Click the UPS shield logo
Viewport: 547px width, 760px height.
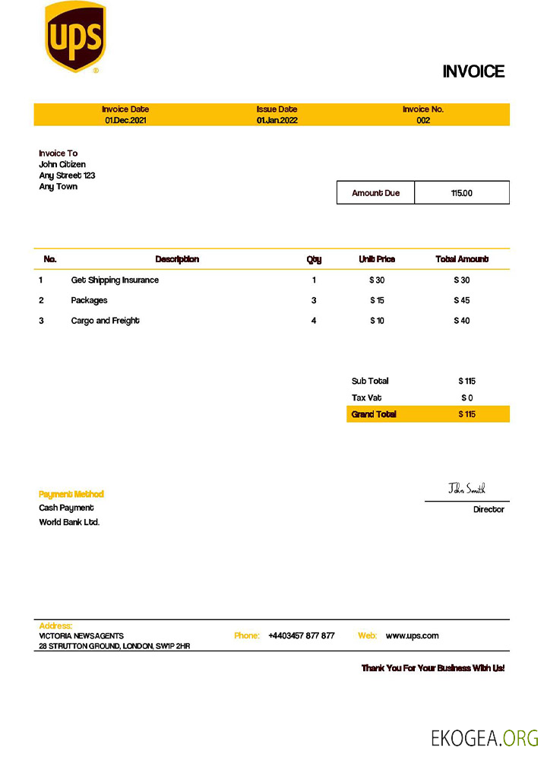pyautogui.click(x=75, y=36)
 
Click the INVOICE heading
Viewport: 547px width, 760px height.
pyautogui.click(x=473, y=71)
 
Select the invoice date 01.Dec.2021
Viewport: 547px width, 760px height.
pyautogui.click(x=125, y=120)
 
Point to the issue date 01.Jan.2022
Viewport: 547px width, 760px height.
pyautogui.click(x=277, y=120)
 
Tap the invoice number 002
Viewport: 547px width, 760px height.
pyautogui.click(x=423, y=120)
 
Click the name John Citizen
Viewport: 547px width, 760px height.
pyautogui.click(x=62, y=164)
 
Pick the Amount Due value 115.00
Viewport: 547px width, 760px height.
pyautogui.click(x=461, y=193)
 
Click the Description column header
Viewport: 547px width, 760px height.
pyautogui.click(x=177, y=259)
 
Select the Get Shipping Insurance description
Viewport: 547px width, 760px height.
pyautogui.click(x=115, y=280)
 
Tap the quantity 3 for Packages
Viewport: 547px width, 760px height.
pyautogui.click(x=314, y=300)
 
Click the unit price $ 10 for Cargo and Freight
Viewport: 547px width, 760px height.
pyautogui.click(x=377, y=321)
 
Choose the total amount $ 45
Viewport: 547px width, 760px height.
pyautogui.click(x=461, y=300)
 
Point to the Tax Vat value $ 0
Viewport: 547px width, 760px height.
pyautogui.click(x=466, y=397)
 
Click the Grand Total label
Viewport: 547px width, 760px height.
pyautogui.click(x=374, y=414)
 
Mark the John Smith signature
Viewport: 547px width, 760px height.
pyautogui.click(x=466, y=489)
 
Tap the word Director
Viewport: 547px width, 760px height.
pyautogui.click(x=489, y=509)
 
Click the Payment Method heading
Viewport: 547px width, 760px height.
pyautogui.click(x=71, y=494)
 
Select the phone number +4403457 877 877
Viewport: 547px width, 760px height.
pyautogui.click(x=301, y=635)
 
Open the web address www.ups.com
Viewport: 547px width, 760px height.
pyautogui.click(x=412, y=635)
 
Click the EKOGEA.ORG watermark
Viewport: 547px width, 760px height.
pyautogui.click(x=485, y=738)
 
